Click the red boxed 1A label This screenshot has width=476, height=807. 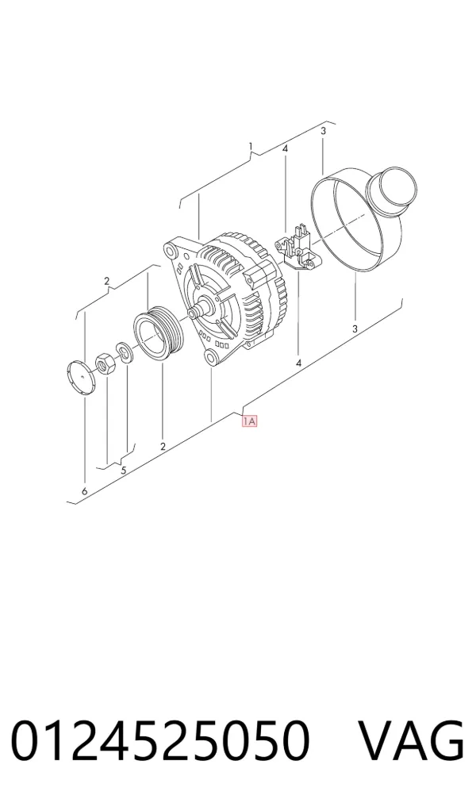click(x=250, y=421)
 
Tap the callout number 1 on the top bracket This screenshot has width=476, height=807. click(x=251, y=147)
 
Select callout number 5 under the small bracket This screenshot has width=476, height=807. click(x=124, y=470)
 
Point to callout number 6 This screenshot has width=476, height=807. click(x=84, y=491)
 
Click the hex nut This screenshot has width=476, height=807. click(x=106, y=364)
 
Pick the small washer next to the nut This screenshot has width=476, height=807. click(x=124, y=351)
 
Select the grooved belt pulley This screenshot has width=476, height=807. click(x=156, y=335)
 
